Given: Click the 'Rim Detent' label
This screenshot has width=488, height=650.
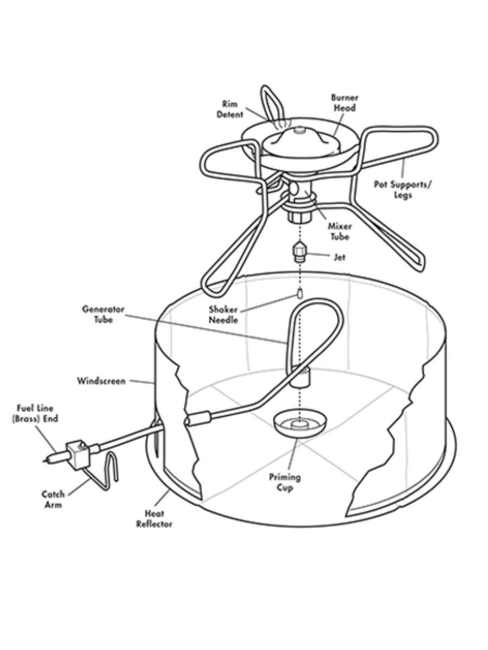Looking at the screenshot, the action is (229, 109).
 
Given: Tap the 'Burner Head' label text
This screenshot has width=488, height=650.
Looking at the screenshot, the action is (345, 103).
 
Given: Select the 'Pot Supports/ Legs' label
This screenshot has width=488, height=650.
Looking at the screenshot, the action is (403, 190).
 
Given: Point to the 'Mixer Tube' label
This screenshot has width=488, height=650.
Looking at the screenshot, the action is (339, 232).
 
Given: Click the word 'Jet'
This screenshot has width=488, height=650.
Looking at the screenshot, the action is (340, 257).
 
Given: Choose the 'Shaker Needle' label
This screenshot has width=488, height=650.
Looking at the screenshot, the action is (223, 315).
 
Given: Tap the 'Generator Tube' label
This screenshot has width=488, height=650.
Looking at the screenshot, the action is (103, 314).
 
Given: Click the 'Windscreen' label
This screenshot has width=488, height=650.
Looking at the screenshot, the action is (101, 381).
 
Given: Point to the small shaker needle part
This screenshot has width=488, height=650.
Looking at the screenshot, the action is (300, 292).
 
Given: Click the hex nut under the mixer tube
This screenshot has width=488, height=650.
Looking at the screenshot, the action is (299, 217).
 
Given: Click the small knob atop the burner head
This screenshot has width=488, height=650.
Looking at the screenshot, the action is (300, 129).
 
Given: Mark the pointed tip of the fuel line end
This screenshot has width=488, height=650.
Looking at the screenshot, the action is (43, 461).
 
